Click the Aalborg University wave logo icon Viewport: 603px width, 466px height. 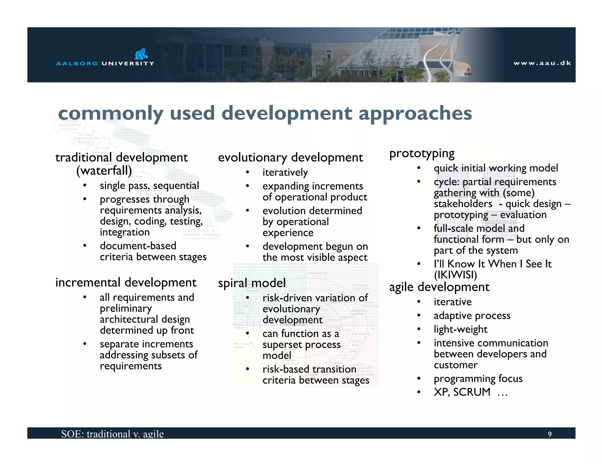point(141,54)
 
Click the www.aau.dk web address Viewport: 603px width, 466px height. point(542,63)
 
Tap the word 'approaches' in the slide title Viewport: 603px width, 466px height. point(415,114)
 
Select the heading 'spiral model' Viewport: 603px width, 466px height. point(252,283)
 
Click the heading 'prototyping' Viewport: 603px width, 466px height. point(422,153)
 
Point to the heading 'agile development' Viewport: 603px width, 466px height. point(439,287)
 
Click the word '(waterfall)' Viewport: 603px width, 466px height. point(104,171)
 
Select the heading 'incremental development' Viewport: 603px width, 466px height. point(126,282)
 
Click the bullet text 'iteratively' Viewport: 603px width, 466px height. point(285,172)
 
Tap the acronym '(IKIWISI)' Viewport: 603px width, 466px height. point(455,275)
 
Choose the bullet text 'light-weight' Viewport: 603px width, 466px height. point(460,329)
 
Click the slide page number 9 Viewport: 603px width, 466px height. point(549,434)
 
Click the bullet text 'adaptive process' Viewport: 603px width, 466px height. point(472,316)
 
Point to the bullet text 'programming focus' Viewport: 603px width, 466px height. point(478,379)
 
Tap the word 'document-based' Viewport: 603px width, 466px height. point(138,246)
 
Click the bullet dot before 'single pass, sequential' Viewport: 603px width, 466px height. point(85,185)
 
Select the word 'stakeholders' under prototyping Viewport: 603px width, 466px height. point(463,204)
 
